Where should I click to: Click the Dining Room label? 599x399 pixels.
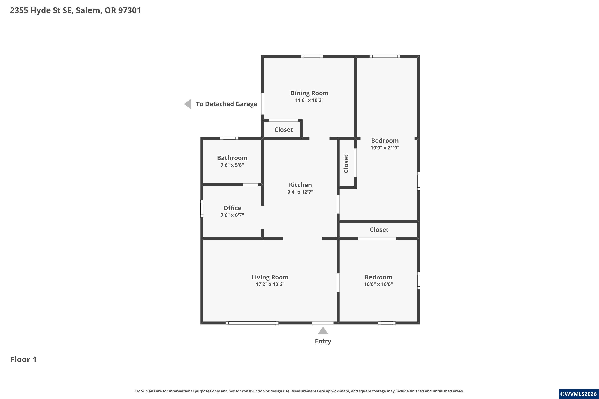coord(309,93)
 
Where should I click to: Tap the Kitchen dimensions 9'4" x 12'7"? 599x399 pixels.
coord(300,192)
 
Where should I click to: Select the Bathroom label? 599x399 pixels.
coord(232,158)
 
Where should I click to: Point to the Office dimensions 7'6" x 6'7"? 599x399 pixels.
coord(232,215)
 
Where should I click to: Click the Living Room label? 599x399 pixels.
coord(270,277)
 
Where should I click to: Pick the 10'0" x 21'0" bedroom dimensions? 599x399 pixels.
coord(385,148)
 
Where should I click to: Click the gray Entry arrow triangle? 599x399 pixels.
coord(323,330)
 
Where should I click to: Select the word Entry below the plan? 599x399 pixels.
coord(323,341)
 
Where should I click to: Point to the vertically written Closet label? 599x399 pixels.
coord(346,164)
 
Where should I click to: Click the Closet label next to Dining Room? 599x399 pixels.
coord(284,130)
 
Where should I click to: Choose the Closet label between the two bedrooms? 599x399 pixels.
coord(379,230)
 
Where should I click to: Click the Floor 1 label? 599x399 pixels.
coord(23,359)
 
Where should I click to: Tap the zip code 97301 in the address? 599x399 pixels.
coord(129,10)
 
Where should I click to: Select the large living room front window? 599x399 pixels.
coord(252,323)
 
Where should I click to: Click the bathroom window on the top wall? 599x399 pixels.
coord(229,138)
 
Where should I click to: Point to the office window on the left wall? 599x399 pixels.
coord(202,209)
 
